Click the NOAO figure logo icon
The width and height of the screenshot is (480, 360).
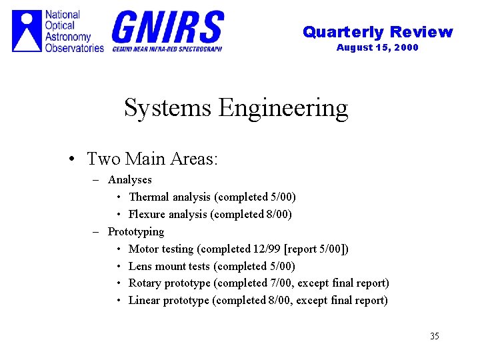27,31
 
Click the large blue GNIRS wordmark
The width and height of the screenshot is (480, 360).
167,27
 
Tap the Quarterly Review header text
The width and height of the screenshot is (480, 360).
377,32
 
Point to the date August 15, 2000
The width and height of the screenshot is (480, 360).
377,47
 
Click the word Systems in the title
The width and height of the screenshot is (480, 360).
168,107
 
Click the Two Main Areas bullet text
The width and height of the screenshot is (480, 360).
153,159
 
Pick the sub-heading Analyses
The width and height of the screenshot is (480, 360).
130,179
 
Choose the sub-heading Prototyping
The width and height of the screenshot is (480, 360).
136,231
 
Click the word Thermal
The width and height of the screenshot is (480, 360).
149,197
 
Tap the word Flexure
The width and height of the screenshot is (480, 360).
147,214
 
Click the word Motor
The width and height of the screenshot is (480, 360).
143,249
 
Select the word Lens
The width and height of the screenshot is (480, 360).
140,266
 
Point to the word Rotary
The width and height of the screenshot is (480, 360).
145,283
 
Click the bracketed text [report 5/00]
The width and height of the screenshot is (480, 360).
316,249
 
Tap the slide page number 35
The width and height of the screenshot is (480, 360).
435,336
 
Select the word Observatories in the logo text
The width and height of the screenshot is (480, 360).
75,47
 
